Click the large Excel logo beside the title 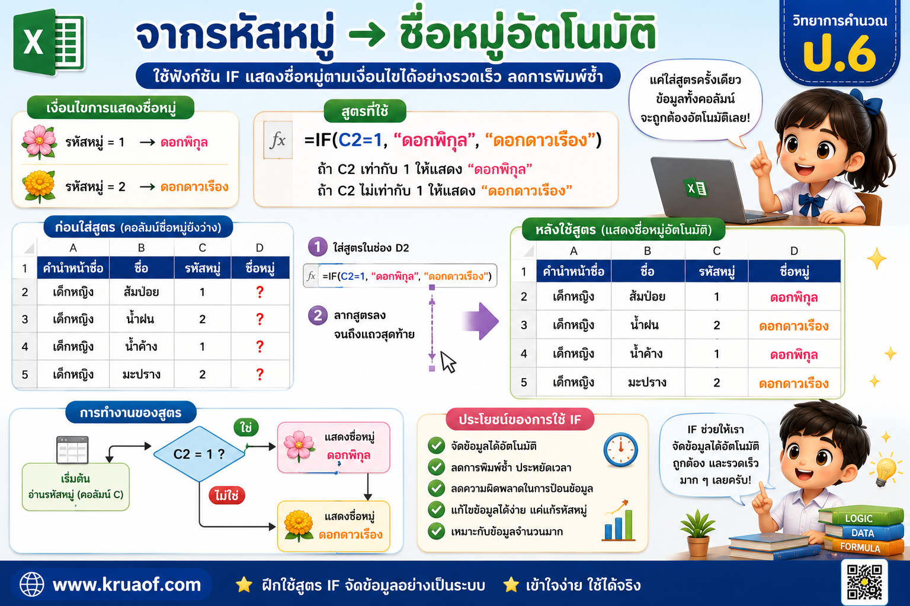49,42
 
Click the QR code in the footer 864,582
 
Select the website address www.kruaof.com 127,585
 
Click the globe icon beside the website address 31,585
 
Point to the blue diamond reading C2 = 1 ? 199,454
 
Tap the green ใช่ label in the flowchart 246,427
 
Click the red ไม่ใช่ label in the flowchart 227,495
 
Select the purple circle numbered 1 318,247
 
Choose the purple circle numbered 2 318,315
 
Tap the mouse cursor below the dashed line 448,362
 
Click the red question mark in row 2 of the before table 260,292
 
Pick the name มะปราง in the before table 142,374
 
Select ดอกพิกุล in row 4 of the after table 794,354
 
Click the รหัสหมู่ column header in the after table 717,271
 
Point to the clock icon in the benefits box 620,450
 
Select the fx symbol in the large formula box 278,140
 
